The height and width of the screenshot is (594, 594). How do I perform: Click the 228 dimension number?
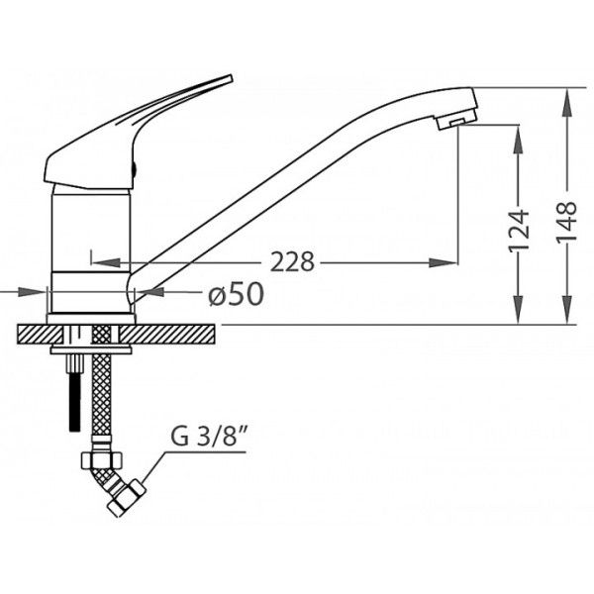[x=292, y=261]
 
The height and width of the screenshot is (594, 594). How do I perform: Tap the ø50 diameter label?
[x=236, y=294]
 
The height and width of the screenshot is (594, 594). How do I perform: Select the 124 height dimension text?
[x=518, y=231]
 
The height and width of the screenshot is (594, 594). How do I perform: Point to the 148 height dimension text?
[x=566, y=221]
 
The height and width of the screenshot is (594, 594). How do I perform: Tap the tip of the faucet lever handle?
[x=230, y=77]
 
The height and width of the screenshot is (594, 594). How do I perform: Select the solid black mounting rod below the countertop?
[x=75, y=402]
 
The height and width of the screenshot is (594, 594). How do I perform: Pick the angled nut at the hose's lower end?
[x=127, y=498]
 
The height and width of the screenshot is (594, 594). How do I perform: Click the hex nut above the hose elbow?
[x=102, y=460]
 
